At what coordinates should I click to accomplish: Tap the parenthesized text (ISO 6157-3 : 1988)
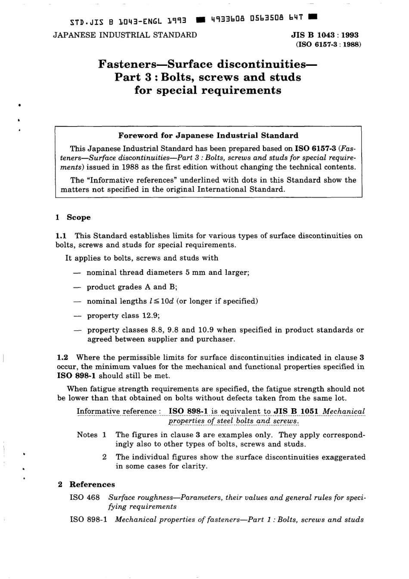(328, 44)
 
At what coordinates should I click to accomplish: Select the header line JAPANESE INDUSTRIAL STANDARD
(125, 35)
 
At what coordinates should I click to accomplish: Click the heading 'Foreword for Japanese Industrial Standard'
(208, 136)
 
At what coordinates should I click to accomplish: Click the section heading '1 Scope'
(73, 217)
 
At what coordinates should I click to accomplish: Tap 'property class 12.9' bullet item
(123, 315)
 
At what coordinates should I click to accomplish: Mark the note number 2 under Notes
(105, 457)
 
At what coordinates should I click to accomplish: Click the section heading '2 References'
(87, 484)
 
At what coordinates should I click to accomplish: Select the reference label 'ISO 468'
(85, 497)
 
